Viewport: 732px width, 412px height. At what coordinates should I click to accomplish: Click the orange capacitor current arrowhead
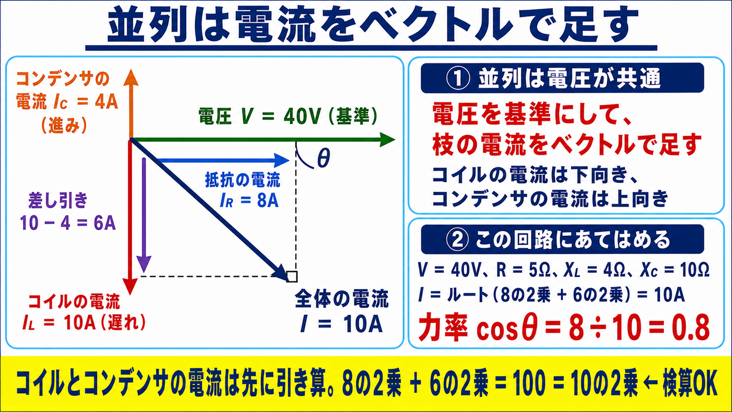coord(131,78)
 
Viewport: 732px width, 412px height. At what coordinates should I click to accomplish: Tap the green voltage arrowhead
coord(387,140)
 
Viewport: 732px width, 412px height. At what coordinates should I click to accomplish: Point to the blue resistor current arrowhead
coord(282,160)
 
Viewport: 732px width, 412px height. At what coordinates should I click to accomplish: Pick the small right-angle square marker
coord(292,276)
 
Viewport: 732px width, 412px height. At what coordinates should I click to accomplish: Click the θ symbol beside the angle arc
coord(324,158)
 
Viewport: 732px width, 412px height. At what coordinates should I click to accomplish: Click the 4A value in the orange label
coord(106,102)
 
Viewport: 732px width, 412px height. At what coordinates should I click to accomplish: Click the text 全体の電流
coord(342,299)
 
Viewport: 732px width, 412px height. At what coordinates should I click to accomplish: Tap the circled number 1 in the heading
coord(458,78)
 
